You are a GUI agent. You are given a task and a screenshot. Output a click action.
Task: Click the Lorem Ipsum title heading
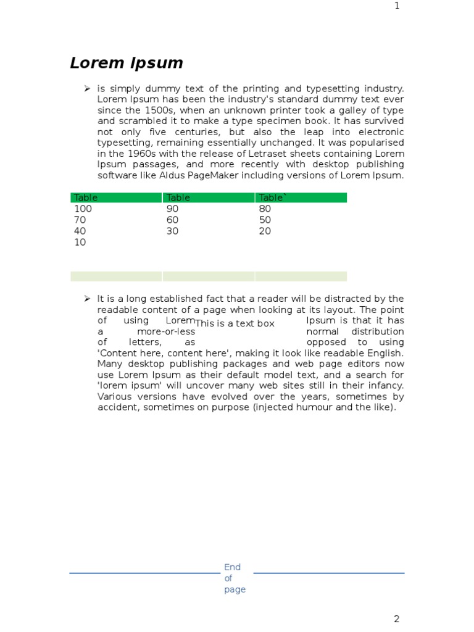click(127, 63)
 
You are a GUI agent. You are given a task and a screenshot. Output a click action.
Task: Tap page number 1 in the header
click(397, 6)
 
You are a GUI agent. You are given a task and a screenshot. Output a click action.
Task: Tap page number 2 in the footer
click(397, 619)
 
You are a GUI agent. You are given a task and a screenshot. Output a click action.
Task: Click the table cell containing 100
click(83, 209)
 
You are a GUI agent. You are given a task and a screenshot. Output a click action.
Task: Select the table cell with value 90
click(172, 209)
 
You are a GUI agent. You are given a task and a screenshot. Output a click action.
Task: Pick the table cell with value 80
click(265, 209)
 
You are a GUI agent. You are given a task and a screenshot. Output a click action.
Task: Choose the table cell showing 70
click(80, 220)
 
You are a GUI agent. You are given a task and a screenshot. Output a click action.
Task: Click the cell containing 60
click(172, 220)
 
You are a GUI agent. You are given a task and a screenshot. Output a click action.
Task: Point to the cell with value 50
click(265, 220)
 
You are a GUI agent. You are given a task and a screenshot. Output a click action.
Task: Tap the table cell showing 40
click(80, 231)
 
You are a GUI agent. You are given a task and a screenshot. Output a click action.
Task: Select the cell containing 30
click(172, 231)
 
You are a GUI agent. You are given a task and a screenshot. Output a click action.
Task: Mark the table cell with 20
click(265, 231)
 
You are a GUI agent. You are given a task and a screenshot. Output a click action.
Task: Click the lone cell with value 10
click(80, 242)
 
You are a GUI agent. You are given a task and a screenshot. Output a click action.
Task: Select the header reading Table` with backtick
click(273, 197)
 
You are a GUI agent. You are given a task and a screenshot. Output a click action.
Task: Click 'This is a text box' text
click(235, 323)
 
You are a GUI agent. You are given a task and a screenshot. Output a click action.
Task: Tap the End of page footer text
click(234, 578)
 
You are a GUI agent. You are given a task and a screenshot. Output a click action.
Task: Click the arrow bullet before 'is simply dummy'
click(87, 89)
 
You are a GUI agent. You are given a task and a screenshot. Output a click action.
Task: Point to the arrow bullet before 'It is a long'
click(87, 299)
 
